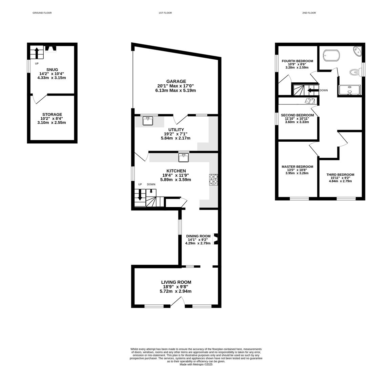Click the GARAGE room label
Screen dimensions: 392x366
176,81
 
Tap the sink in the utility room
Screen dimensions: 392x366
148,121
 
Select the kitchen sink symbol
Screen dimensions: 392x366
184,158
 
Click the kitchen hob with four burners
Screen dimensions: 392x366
213,180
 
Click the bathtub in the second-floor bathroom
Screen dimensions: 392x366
331,56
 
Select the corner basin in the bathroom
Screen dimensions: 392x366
357,51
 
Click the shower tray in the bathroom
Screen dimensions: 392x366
350,90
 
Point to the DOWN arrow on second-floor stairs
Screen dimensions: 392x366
313,90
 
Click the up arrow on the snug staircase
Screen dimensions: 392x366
37,53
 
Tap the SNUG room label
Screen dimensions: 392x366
52,69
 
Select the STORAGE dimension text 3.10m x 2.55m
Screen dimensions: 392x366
52,122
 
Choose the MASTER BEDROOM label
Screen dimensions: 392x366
297,167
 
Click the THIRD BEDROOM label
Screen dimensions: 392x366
340,175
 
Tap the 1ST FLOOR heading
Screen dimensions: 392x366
165,13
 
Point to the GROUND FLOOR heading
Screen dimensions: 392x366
42,13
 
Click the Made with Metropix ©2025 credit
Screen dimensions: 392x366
196,365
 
